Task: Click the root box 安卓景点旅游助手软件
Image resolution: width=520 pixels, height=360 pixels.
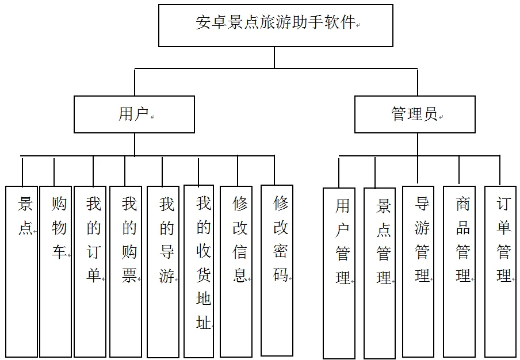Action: [x=276, y=25]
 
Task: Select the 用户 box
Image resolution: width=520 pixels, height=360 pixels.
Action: [x=134, y=114]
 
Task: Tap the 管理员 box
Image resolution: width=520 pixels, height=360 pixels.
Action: [x=414, y=114]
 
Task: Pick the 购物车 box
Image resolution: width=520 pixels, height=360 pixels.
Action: [x=56, y=271]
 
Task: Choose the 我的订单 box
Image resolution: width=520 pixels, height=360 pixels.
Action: [x=91, y=271]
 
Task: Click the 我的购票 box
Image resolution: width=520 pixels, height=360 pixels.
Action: [x=125, y=271]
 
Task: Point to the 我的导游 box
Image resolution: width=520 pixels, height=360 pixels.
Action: [x=163, y=271]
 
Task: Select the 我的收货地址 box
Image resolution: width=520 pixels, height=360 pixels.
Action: [x=199, y=271]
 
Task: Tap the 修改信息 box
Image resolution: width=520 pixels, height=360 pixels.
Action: [x=236, y=271]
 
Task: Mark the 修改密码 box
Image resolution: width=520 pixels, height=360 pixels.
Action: [x=277, y=270]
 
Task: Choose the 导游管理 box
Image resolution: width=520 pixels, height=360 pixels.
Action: [x=418, y=271]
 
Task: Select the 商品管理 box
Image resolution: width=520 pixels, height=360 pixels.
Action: [x=459, y=271]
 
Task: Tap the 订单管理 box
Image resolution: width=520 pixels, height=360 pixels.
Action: [x=500, y=271]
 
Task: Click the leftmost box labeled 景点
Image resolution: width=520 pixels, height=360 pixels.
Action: [x=22, y=271]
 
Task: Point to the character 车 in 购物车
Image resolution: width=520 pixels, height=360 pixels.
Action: [x=59, y=252]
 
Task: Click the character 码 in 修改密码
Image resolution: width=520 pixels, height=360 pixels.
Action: [x=280, y=275]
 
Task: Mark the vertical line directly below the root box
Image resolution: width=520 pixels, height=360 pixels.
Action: [x=274, y=58]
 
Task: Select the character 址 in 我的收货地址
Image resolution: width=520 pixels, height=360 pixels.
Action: [x=204, y=323]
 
